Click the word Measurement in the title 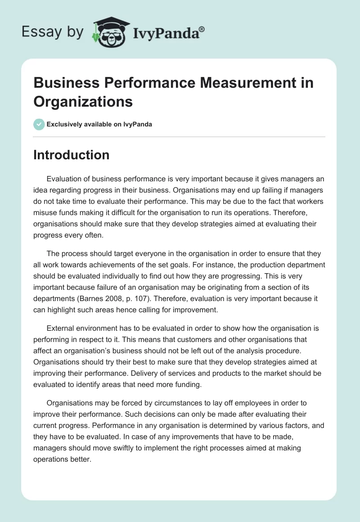(x=224, y=83)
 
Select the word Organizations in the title (x=83, y=102)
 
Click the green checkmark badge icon (x=39, y=124)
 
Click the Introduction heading (x=71, y=155)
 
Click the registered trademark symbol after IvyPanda (x=202, y=29)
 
